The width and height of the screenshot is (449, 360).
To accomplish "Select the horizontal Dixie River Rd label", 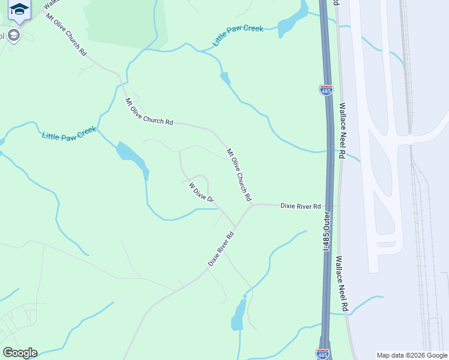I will [301, 206].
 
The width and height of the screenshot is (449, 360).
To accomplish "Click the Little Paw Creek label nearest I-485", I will [238, 36].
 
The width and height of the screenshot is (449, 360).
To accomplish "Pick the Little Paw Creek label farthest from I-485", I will [69, 133].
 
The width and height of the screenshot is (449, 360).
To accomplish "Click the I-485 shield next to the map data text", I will [323, 353].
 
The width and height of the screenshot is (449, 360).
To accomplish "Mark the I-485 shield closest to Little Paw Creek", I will [325, 90].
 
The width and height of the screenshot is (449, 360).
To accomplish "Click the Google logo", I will [20, 353].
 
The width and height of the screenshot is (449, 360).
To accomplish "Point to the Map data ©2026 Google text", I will [411, 355].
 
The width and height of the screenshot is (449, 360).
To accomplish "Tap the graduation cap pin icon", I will [20, 11].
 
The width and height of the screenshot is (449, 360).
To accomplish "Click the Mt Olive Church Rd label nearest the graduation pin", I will [66, 34].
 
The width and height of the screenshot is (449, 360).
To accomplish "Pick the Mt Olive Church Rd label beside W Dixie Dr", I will [238, 174].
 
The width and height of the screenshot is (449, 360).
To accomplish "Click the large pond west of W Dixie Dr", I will [133, 155].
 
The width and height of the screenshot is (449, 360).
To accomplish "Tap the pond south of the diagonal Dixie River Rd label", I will [238, 314].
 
